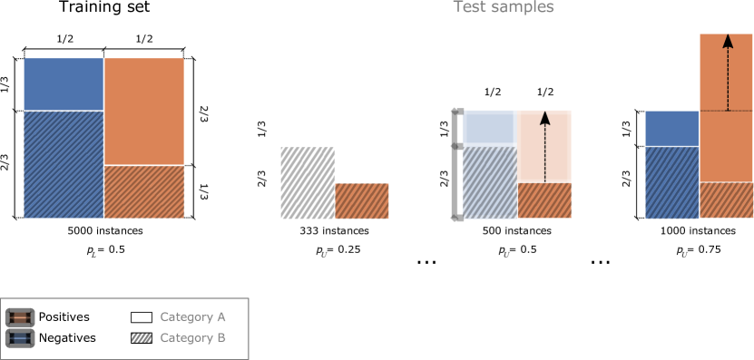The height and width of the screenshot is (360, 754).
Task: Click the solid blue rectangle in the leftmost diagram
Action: click(64, 83)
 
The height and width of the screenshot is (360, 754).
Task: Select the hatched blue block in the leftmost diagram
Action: click(64, 164)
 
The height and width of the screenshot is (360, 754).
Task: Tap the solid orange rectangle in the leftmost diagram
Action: click(144, 111)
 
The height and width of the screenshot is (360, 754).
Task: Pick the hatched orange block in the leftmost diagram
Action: click(144, 191)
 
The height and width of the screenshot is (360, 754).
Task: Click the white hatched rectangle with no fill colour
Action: click(308, 182)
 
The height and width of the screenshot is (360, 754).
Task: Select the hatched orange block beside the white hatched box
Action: click(362, 200)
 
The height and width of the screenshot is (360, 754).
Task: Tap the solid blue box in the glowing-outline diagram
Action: click(489, 128)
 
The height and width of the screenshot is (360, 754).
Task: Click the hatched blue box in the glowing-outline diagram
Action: click(489, 182)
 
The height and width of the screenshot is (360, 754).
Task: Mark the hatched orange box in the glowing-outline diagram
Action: click(544, 200)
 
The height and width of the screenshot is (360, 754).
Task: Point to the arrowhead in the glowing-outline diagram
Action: click(545, 118)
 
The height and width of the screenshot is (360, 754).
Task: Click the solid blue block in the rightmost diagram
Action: click(671, 128)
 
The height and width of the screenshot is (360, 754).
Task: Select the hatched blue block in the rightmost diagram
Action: click(671, 182)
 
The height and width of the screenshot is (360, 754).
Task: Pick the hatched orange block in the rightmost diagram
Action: click(726, 200)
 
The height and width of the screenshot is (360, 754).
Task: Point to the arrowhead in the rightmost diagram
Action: click(728, 41)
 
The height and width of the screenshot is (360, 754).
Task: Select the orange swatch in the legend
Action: click(20, 317)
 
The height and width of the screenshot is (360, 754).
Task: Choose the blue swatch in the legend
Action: click(20, 338)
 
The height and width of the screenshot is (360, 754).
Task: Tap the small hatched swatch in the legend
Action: click(141, 338)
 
